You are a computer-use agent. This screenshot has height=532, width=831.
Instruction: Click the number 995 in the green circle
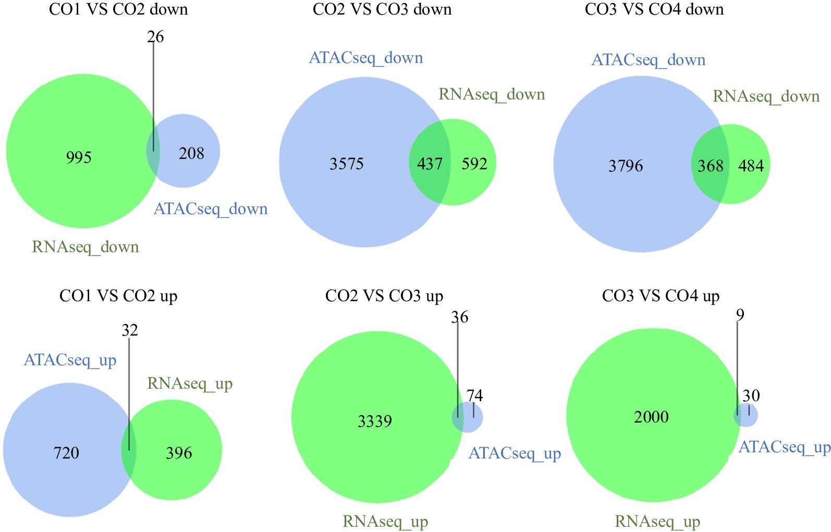79,157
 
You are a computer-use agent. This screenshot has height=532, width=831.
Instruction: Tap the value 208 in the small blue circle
191,153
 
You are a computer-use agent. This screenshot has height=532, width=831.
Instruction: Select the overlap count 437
430,164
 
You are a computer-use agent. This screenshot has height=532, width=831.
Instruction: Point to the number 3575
346,164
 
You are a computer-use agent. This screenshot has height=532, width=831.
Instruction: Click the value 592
474,164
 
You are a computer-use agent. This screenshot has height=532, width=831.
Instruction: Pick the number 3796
626,166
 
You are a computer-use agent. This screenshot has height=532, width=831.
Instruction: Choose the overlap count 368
710,166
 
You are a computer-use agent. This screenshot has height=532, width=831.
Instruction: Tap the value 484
751,166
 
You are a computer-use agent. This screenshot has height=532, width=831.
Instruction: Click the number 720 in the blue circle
66,453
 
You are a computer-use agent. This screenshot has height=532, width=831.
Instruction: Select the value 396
179,453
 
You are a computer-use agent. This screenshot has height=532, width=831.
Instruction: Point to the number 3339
374,421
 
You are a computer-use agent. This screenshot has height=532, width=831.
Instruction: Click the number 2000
651,417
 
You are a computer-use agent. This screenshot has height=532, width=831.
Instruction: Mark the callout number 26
155,37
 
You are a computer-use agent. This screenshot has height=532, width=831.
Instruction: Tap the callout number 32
130,330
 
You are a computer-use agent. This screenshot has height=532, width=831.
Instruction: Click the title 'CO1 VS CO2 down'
118,9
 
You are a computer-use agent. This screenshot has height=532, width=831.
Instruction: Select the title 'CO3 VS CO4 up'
661,296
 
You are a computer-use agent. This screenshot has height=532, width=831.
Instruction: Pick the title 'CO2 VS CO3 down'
382,9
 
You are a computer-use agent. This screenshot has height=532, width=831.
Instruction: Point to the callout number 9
740,315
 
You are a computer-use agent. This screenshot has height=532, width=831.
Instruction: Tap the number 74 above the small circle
474,396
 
